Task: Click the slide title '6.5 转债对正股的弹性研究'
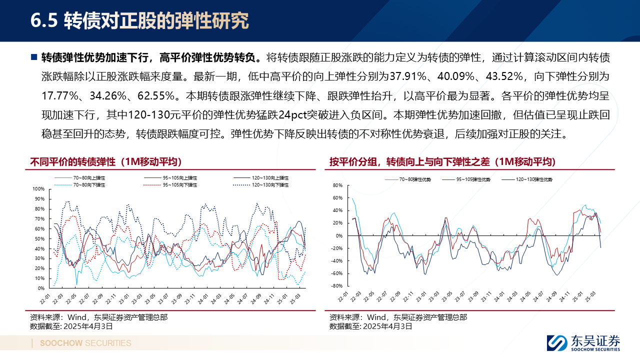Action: pyautogui.click(x=139, y=21)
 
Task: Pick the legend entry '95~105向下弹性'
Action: pyautogui.click(x=179, y=185)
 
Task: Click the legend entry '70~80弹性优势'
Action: pyautogui.click(x=414, y=179)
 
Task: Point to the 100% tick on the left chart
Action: pyautogui.click(x=38, y=189)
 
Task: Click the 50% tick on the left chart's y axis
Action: pyautogui.click(x=39, y=238)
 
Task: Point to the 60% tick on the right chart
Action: pyautogui.click(x=337, y=198)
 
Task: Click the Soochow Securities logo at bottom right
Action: pyautogui.click(x=583, y=342)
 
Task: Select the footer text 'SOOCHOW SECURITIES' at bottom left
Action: pyautogui.click(x=85, y=343)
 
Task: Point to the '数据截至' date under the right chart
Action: pyautogui.click(x=370, y=326)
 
